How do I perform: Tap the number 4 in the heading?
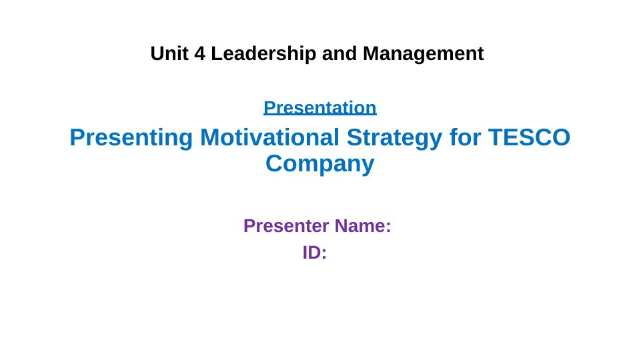coord(200,53)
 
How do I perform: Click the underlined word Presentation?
coord(320,107)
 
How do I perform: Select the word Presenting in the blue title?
coord(131,137)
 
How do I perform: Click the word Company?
coord(320,163)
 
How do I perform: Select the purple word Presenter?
coord(287,226)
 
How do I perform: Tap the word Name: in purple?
coord(363,226)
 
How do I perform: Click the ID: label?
coord(315,253)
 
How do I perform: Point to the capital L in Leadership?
coord(216,53)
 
